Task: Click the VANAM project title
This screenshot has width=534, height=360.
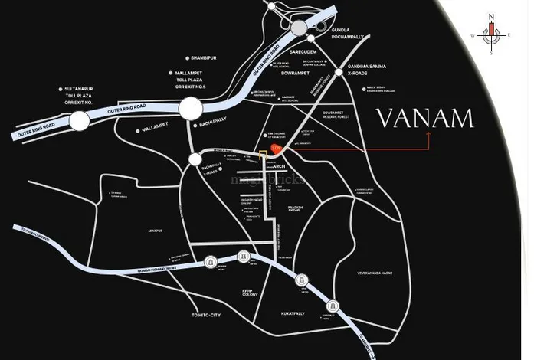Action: [x=424, y=119]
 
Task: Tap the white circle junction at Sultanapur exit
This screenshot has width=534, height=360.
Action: [x=80, y=120]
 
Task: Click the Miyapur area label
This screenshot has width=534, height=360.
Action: [x=155, y=230]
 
